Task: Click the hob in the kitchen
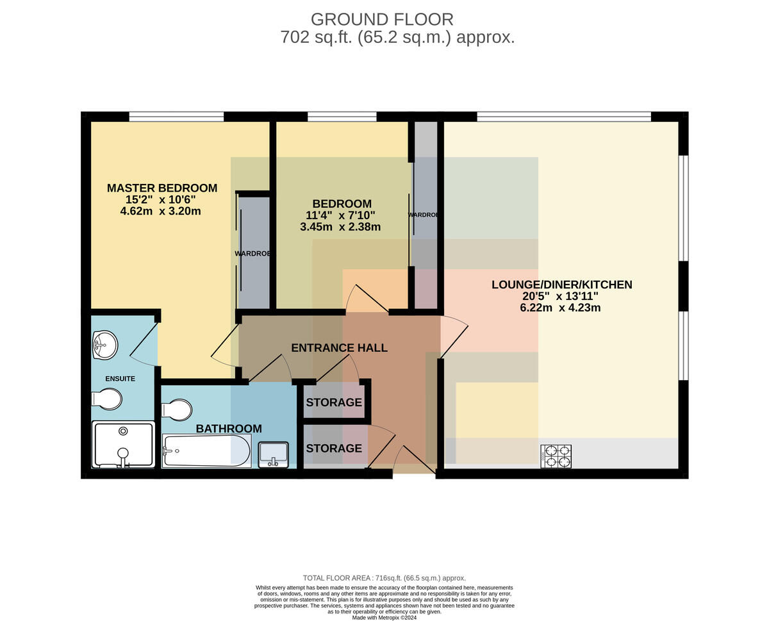point(556,456)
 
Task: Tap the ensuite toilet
point(107,399)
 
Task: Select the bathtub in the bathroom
point(206,451)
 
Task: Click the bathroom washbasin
point(273,454)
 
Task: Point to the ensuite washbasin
point(105,345)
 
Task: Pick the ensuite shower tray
point(123,444)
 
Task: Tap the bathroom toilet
point(176,410)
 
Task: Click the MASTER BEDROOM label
point(162,188)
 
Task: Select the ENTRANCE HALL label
point(340,348)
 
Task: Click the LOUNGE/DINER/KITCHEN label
point(562,285)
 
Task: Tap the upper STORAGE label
point(334,402)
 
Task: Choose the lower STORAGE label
point(334,448)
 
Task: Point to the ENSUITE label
point(120,378)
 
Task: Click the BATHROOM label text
point(229,429)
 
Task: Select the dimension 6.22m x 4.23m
point(560,308)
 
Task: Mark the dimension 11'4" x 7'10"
point(340,215)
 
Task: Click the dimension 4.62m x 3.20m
point(161,211)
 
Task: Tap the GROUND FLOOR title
point(382,19)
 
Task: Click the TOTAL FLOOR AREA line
point(384,578)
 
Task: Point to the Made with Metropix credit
point(384,618)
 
